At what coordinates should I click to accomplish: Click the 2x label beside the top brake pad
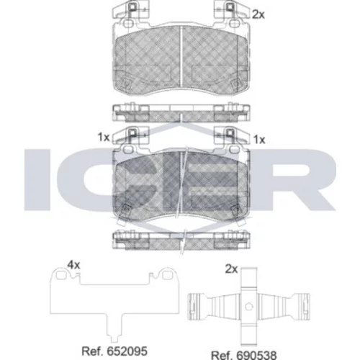(x=258, y=15)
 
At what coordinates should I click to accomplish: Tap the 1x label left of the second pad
(x=104, y=138)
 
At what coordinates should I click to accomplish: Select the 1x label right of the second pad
(x=259, y=140)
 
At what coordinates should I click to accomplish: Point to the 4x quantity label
(x=73, y=265)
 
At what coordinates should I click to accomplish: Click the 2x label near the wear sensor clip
(x=231, y=269)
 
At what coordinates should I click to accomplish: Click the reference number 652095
(x=127, y=351)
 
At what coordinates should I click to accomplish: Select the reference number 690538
(x=256, y=355)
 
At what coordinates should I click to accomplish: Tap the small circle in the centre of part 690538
(x=249, y=306)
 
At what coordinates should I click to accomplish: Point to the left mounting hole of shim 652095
(x=62, y=274)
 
